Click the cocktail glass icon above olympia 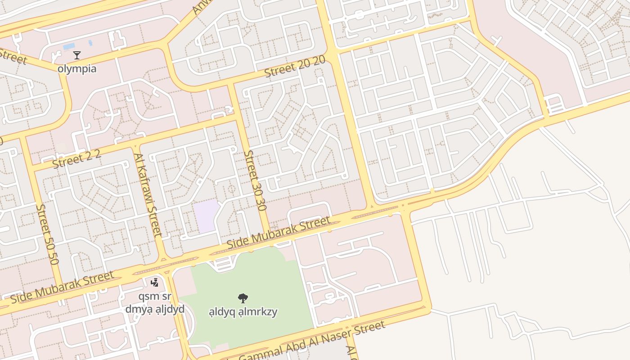(x=77, y=55)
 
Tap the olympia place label (x=77, y=69)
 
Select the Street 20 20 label (x=294, y=67)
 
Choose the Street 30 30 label (x=255, y=180)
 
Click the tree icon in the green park (x=243, y=298)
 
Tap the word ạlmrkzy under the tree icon (x=260, y=312)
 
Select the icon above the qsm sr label (x=155, y=283)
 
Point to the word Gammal (x=259, y=354)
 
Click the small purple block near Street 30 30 (x=207, y=216)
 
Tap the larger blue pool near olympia (x=69, y=46)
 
